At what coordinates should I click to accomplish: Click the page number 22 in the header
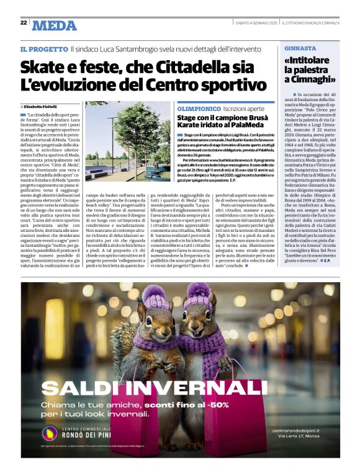(24, 22)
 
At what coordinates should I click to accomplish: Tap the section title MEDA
(54, 25)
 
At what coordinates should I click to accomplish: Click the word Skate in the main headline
(44, 67)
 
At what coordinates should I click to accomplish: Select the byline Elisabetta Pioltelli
(44, 107)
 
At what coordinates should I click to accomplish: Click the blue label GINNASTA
(300, 48)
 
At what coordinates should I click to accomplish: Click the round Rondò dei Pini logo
(50, 433)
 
